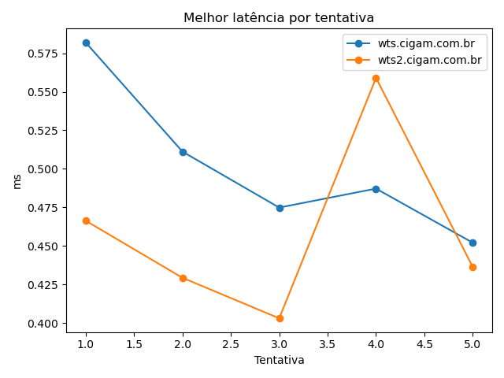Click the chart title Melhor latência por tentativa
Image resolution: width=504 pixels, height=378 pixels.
tap(279, 17)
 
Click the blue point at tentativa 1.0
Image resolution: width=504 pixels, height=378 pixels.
tap(86, 43)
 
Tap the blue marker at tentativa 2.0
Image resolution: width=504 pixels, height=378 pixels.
tap(183, 152)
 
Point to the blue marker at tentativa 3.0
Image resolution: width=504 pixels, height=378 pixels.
tap(280, 208)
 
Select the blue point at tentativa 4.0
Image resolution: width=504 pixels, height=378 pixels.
tap(376, 189)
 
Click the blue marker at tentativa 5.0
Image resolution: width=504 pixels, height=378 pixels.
tap(472, 243)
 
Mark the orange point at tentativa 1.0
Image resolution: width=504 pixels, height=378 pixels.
tap(86, 220)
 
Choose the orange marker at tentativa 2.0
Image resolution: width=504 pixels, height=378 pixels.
tap(183, 278)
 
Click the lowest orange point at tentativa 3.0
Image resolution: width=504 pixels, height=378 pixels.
tap(280, 318)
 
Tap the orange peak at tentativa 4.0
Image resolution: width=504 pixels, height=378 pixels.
tap(376, 78)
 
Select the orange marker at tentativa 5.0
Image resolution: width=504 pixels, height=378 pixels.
tap(472, 267)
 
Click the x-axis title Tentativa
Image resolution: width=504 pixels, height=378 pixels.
tap(279, 360)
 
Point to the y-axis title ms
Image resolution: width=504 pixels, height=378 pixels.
tap(17, 182)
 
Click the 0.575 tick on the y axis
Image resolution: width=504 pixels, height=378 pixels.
tap(46, 54)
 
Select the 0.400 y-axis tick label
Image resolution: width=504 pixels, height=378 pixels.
tap(46, 324)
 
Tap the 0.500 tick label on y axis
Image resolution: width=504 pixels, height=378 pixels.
tap(46, 169)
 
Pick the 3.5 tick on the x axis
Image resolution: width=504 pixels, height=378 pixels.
tap(328, 344)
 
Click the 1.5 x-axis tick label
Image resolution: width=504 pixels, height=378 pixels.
tap(135, 344)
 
